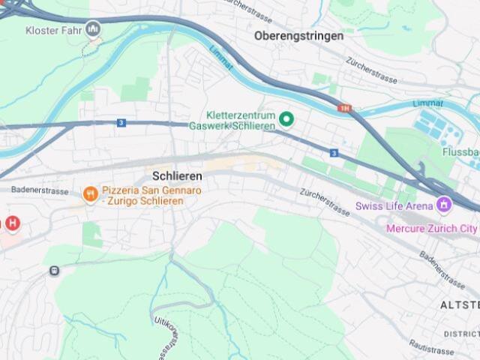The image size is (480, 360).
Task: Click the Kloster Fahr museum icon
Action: (x=94, y=29)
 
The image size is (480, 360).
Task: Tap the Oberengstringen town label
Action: (x=298, y=36)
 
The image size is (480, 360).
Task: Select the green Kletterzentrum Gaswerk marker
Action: (x=286, y=118)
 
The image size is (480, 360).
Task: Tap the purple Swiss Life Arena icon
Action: (x=445, y=204)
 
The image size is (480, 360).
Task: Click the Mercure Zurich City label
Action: (x=431, y=228)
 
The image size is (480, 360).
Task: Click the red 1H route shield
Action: (x=345, y=109)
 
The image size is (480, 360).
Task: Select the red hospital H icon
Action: (x=13, y=223)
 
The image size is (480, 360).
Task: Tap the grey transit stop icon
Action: (x=54, y=271)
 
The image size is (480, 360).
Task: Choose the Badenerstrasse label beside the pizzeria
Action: (x=40, y=190)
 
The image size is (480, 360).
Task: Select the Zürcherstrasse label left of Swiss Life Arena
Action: (x=324, y=202)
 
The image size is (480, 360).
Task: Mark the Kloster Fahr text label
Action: (x=54, y=30)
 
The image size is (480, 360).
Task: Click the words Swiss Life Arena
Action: (x=394, y=205)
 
